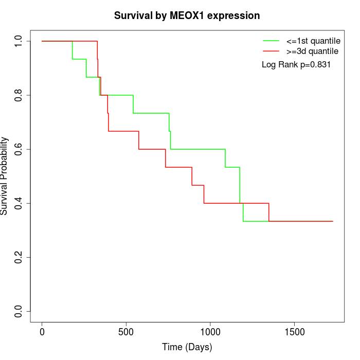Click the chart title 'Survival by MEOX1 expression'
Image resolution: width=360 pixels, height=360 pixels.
click(x=187, y=15)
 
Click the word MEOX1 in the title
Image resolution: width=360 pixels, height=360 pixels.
click(x=188, y=15)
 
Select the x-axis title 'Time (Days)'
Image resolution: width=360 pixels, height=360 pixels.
click(x=187, y=347)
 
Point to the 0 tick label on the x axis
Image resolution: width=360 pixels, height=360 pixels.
click(x=42, y=332)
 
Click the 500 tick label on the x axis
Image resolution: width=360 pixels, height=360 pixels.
click(x=126, y=332)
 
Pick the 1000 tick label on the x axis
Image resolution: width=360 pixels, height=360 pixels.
click(x=210, y=332)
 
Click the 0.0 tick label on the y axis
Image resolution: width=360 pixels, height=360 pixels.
click(x=19, y=312)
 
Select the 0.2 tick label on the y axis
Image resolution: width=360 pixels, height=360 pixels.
click(x=19, y=257)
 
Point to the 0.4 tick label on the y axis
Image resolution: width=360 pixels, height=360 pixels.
click(x=19, y=203)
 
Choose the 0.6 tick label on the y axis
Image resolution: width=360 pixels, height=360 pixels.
click(x=19, y=149)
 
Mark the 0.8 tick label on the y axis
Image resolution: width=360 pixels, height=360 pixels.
click(x=19, y=95)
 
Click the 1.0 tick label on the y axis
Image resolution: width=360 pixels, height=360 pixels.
click(x=19, y=41)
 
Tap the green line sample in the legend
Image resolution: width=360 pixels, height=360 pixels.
click(x=271, y=41)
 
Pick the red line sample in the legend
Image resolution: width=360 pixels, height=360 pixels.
click(x=271, y=51)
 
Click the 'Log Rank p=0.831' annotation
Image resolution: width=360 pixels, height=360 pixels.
click(x=296, y=64)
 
